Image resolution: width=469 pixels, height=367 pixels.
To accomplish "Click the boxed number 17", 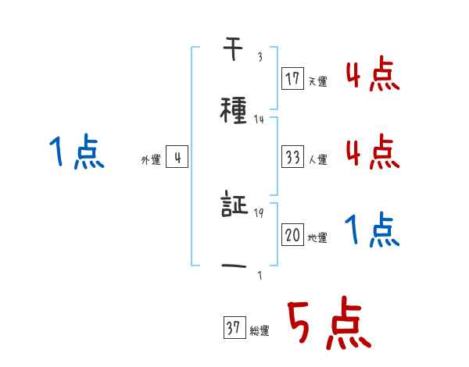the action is click(293, 79).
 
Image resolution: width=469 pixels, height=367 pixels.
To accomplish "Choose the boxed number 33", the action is click(293, 157).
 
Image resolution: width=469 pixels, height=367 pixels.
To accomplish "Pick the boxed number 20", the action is click(293, 235).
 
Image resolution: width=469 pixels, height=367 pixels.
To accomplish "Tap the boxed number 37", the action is click(234, 329).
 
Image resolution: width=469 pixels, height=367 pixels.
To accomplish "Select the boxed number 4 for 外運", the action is click(177, 158).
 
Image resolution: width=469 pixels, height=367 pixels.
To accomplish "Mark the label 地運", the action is click(317, 237).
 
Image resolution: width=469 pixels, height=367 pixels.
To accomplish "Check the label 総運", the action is click(259, 331).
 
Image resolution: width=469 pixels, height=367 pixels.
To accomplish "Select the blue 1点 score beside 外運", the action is click(75, 151).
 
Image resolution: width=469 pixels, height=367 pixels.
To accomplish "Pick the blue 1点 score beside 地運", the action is click(372, 230).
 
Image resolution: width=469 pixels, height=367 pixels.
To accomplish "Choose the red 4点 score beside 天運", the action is click(372, 74).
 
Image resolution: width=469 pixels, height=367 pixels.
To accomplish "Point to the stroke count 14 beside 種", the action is click(259, 119).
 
